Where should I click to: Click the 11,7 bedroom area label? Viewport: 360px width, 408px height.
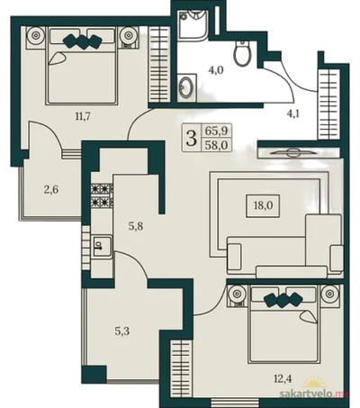click(83, 116)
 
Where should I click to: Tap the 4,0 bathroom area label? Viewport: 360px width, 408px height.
click(216, 71)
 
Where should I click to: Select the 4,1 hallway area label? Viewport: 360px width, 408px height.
click(293, 114)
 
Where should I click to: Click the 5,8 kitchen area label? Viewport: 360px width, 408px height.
click(136, 226)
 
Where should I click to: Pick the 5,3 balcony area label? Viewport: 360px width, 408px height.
click(122, 331)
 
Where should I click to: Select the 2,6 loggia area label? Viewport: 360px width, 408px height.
click(51, 190)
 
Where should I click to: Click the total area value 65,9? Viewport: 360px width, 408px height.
click(217, 131)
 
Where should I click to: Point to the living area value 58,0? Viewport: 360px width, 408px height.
click(217, 145)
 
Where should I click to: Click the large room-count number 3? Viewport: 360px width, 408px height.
click(192, 139)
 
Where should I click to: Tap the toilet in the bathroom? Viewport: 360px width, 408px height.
click(242, 53)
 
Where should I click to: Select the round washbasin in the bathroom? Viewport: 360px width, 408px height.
click(186, 86)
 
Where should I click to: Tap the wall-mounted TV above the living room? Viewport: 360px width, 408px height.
click(292, 153)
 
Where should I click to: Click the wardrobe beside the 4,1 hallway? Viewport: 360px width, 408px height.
click(329, 104)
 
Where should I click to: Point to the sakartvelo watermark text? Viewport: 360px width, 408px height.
click(313, 394)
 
